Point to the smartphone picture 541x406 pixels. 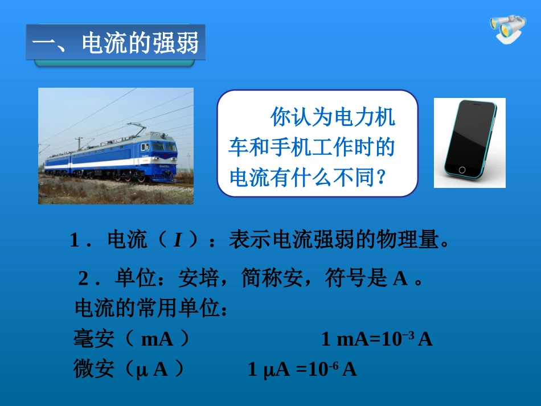click(469, 142)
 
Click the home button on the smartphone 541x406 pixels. click(461, 170)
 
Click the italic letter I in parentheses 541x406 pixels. click(177, 240)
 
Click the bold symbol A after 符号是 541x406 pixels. click(400, 278)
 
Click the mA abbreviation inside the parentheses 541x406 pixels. click(156, 340)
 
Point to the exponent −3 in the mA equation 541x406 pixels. click(408, 335)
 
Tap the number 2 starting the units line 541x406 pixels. click(84, 279)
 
